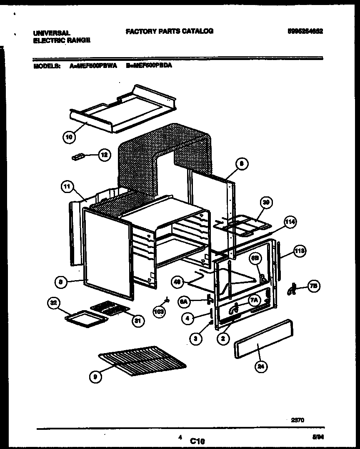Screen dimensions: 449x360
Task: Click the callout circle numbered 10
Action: point(69,136)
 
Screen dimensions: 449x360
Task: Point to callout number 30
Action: point(266,203)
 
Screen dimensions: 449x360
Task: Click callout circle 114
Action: point(290,222)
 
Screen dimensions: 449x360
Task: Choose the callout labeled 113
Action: point(299,251)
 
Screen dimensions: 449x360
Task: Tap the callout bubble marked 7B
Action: point(314,286)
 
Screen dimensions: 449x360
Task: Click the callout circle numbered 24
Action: point(261,366)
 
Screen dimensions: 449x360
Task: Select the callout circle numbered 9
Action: point(95,377)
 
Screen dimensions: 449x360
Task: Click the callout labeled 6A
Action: point(183,301)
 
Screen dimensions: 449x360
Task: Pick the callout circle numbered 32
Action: point(53,304)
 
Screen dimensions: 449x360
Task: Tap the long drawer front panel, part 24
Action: point(263,339)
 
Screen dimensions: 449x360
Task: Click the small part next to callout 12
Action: point(78,157)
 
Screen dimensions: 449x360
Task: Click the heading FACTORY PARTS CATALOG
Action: point(169,31)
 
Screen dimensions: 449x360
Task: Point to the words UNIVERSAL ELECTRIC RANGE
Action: point(61,37)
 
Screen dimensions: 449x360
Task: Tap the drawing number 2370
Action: point(297,420)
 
